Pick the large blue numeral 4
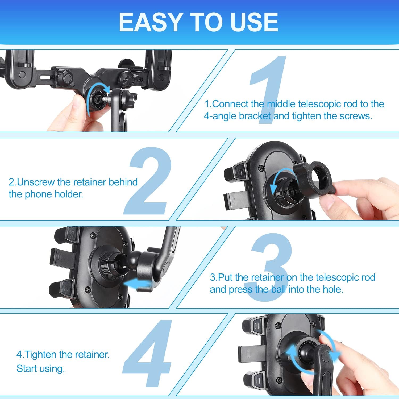tap(148, 354)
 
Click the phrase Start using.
tap(41, 369)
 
